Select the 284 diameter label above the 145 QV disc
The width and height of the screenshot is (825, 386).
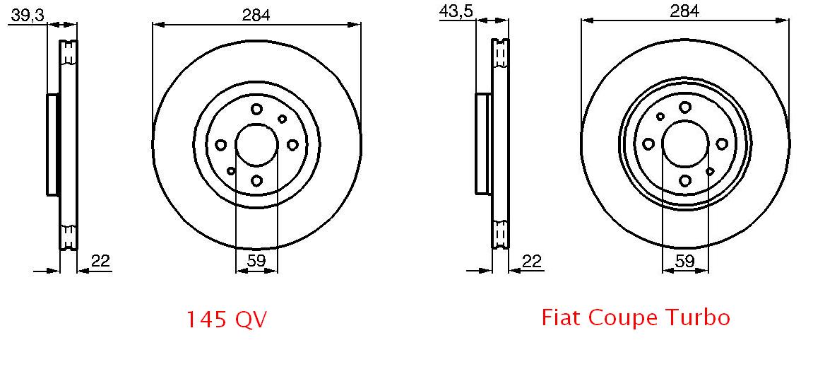pos(256,16)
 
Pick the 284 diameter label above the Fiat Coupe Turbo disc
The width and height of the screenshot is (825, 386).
pos(684,11)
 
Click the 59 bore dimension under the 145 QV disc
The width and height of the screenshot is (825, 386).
pos(256,260)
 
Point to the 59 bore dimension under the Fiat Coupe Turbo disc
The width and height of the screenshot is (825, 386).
pos(684,260)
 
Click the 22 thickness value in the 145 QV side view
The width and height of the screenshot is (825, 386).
pos(101,260)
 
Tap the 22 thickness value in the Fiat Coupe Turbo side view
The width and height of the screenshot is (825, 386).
pos(532,260)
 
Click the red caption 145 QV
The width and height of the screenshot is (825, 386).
pos(227,320)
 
